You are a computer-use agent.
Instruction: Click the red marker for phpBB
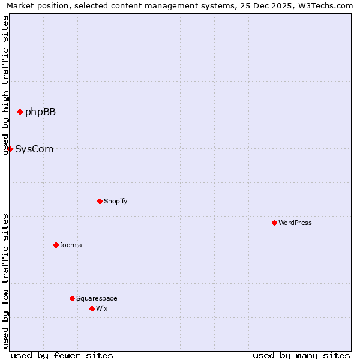click(20, 112)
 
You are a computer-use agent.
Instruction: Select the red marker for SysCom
click(10, 149)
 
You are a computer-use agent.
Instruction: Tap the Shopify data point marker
click(100, 201)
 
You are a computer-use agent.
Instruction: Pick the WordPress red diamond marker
click(274, 223)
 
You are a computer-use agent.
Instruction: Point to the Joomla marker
click(56, 245)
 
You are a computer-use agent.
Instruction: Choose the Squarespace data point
click(72, 298)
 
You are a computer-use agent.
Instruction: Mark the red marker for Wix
click(92, 308)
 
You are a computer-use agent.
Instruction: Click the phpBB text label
click(40, 112)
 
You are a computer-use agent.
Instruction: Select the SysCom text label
click(34, 149)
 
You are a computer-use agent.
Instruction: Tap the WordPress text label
click(295, 223)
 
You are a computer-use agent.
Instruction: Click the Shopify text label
click(115, 201)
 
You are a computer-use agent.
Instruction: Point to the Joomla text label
click(71, 245)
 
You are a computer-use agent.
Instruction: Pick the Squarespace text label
click(97, 298)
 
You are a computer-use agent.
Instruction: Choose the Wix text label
click(101, 308)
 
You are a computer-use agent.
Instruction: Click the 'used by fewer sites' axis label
click(62, 355)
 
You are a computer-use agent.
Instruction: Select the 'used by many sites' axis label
click(301, 355)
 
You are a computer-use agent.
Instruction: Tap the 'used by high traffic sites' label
click(6, 85)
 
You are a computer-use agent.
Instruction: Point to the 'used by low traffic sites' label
click(6, 281)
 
